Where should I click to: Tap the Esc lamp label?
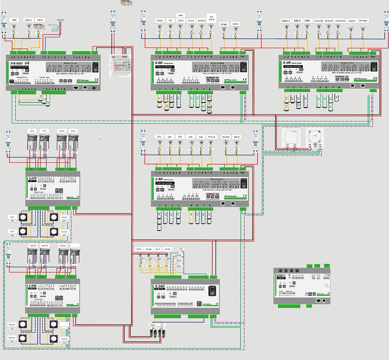click(171, 20)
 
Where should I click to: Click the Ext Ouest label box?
click(211, 17)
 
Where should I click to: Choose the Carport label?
click(351, 21)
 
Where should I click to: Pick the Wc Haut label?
click(363, 21)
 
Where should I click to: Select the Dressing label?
click(212, 137)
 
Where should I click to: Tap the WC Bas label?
click(226, 137)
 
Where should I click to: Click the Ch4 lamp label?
click(190, 137)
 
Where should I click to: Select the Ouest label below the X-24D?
click(153, 325)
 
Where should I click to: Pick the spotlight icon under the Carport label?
click(351, 29)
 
